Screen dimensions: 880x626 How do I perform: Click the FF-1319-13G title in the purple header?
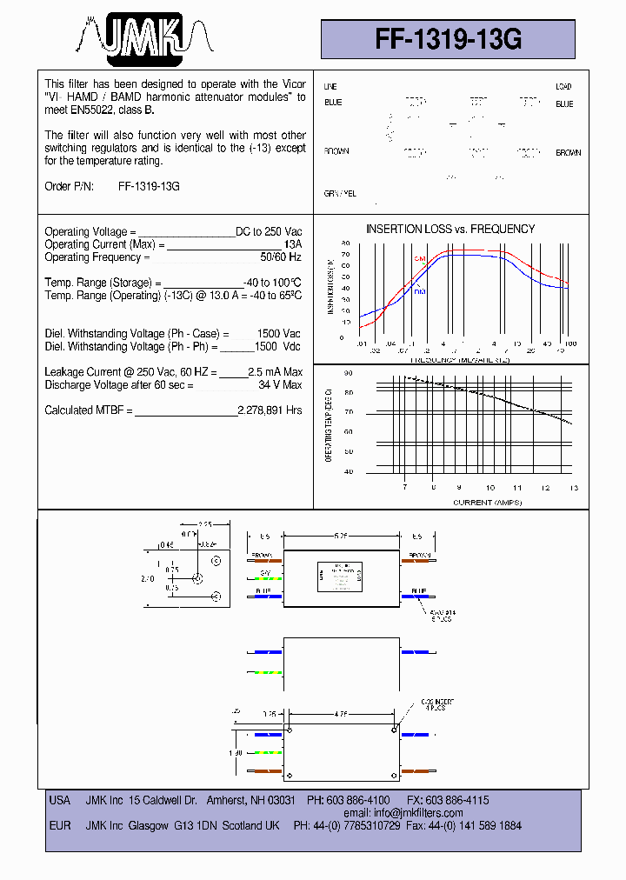(x=449, y=39)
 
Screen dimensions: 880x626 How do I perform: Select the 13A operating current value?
(x=294, y=245)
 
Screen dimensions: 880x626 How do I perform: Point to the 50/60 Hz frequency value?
(x=281, y=257)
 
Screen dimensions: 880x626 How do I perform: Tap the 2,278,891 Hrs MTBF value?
(x=270, y=410)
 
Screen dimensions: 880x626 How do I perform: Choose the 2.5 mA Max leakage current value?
(x=275, y=372)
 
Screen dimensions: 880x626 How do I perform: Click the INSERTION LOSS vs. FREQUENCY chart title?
(x=450, y=229)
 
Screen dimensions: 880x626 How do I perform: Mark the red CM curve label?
(x=419, y=259)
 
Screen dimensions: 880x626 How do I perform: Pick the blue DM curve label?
(x=419, y=291)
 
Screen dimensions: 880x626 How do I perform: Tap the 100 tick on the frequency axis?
(x=570, y=344)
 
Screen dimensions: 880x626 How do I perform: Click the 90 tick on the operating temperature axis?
(x=348, y=373)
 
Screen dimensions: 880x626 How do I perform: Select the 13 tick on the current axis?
(x=572, y=489)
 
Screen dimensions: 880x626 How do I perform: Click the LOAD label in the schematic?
(x=563, y=87)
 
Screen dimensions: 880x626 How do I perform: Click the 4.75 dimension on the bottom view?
(x=342, y=713)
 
